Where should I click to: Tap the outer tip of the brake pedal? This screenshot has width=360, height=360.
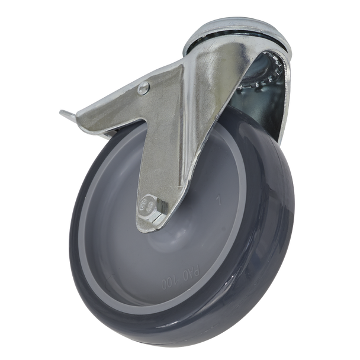63,113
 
